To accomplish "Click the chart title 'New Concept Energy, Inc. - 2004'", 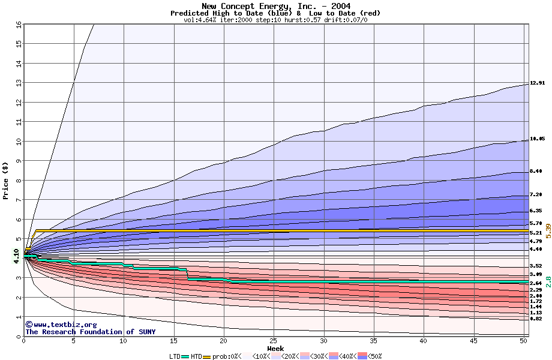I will point(275,6).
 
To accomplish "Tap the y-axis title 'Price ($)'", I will point(6,180).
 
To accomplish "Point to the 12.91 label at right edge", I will point(537,83).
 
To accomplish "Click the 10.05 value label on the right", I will point(537,139).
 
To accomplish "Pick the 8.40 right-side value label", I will point(536,172).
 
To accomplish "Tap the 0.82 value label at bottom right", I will point(536,319).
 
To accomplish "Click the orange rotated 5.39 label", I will point(548,231).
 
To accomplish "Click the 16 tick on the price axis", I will point(18,25).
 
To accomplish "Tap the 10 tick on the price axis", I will point(18,142).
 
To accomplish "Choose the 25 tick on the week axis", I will point(274,341).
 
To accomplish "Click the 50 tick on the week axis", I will point(523,341).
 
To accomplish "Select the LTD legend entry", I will point(175,356).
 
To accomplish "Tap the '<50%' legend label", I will point(374,356).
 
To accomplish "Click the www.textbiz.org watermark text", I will point(57,325).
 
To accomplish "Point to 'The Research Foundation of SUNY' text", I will point(90,332).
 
